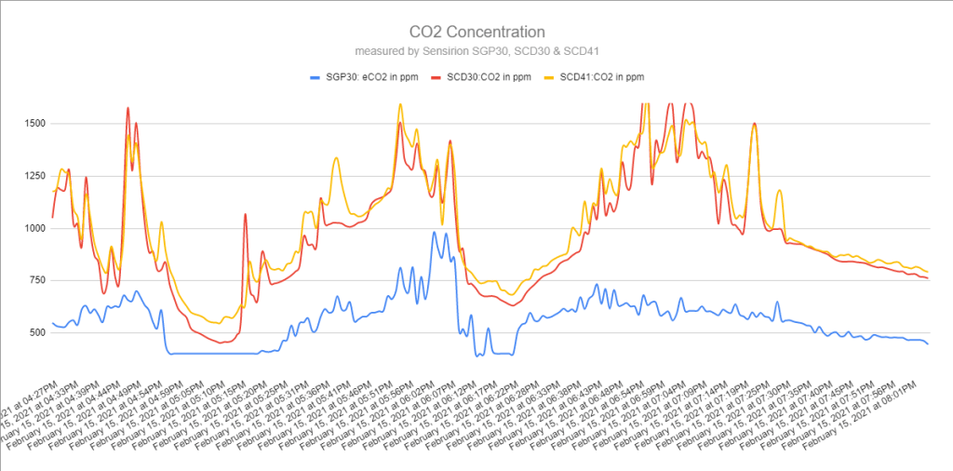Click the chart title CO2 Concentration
[x=476, y=32]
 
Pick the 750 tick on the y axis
[x=35, y=280]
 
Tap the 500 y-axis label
[x=35, y=332]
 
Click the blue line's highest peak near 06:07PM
[x=434, y=233]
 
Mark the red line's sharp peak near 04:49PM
[x=128, y=108]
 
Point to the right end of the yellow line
[x=928, y=272]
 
